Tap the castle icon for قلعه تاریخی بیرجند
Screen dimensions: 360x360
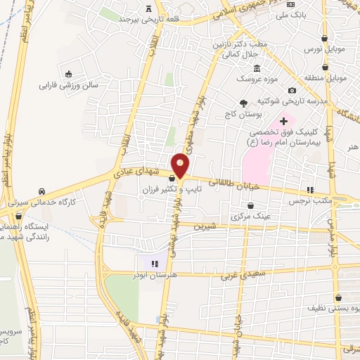(148, 8)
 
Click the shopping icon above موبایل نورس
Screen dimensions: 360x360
(324, 39)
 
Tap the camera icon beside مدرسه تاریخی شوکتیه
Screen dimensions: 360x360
(292, 90)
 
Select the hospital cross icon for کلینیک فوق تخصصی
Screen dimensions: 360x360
(283, 122)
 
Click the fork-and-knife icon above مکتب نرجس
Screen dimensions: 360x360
(309, 190)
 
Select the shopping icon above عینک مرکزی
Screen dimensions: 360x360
(252, 206)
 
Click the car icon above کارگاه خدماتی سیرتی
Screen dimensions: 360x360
(42, 191)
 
